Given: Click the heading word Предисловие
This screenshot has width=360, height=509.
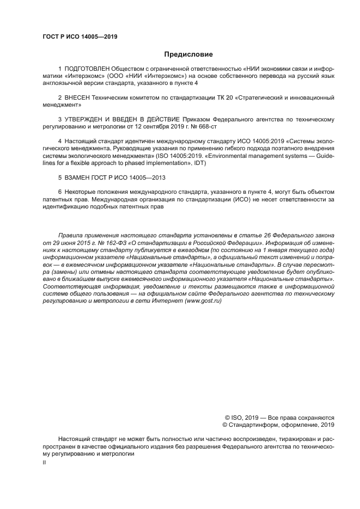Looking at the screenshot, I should (188, 54).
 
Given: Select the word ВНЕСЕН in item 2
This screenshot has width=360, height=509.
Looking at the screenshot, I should (77, 97).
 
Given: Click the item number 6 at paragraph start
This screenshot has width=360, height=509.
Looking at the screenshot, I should (59, 192).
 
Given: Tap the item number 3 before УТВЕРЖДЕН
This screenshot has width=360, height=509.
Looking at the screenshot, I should (59, 119).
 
